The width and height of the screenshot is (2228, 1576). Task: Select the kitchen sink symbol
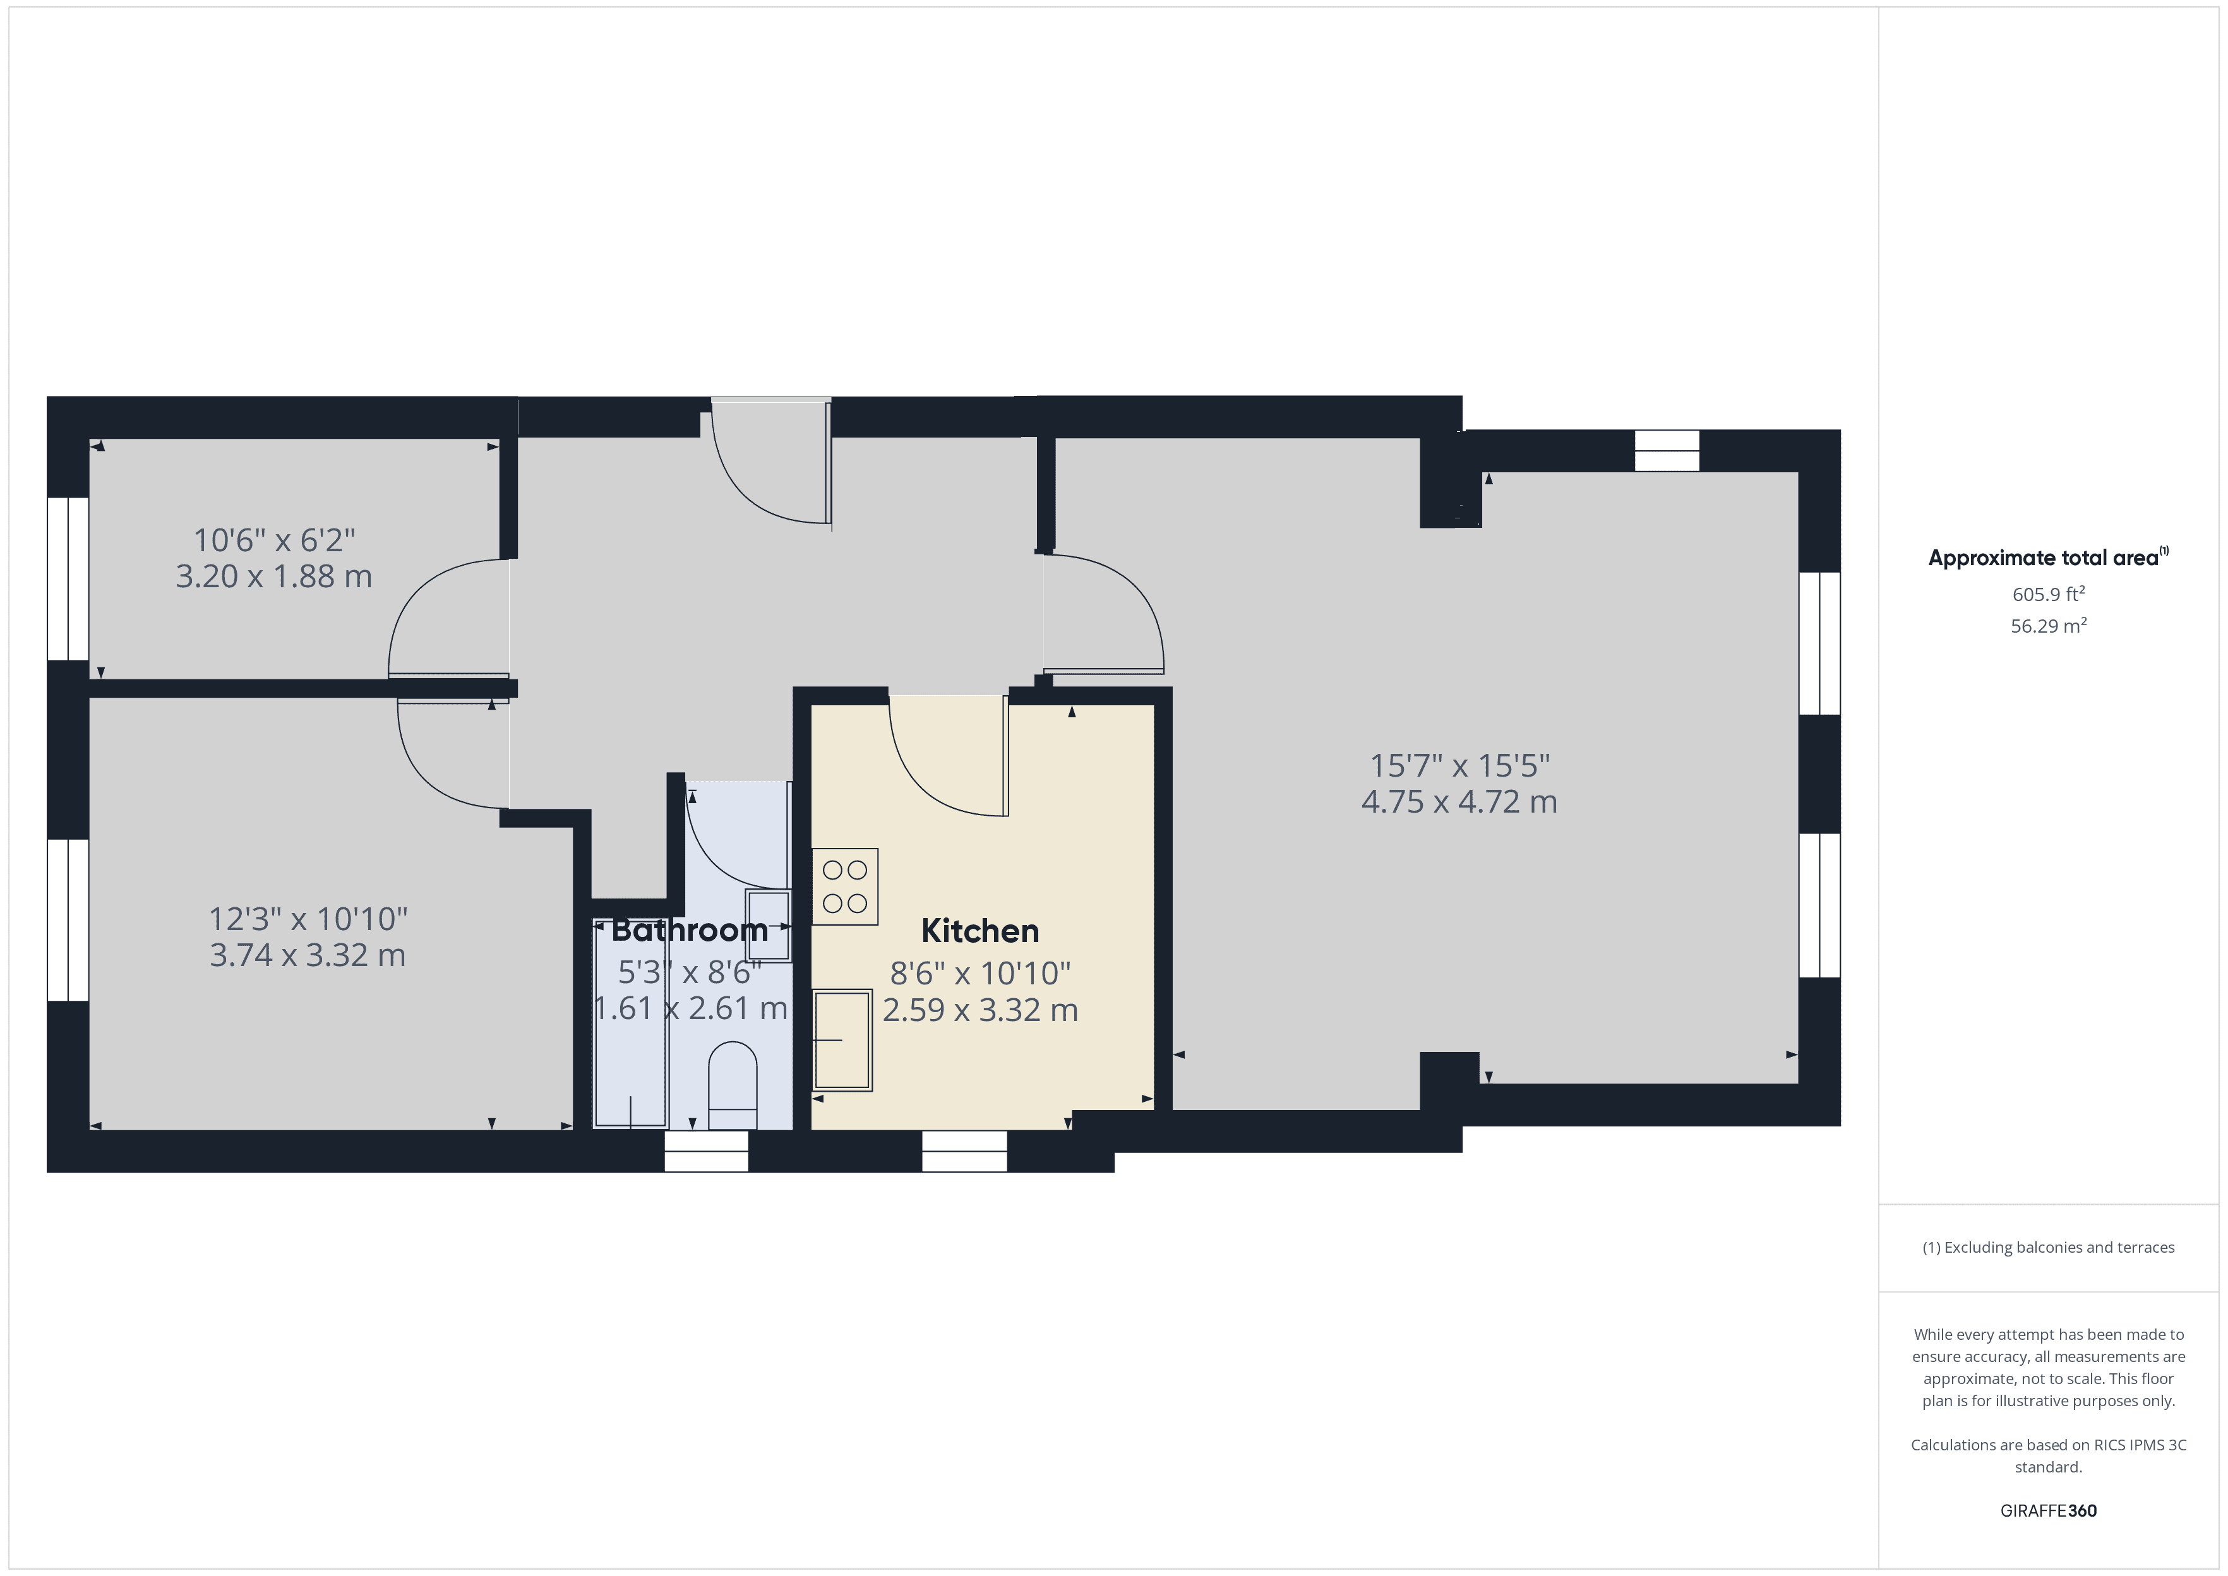(x=841, y=1039)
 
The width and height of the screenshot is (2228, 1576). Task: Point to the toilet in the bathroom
(x=733, y=1086)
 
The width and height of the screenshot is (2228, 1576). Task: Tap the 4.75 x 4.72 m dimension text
(x=1458, y=803)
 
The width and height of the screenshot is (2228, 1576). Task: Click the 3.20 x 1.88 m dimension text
(x=273, y=576)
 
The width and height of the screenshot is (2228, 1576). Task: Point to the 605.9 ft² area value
(x=2047, y=594)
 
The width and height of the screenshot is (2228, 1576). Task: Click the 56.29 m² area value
(x=2047, y=626)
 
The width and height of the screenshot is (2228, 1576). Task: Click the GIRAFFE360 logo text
(x=2047, y=1511)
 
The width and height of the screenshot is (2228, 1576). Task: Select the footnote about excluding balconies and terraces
(x=2047, y=1248)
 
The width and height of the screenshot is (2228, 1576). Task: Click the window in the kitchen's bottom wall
(x=964, y=1152)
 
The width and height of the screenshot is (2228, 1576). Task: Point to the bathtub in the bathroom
(x=631, y=1024)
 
